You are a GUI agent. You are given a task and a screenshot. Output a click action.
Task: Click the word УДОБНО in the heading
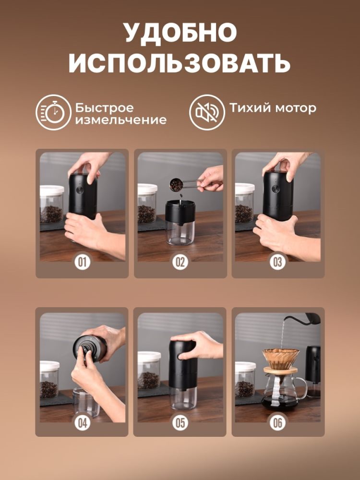(180, 33)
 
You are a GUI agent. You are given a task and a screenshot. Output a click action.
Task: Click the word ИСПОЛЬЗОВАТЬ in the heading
(180, 63)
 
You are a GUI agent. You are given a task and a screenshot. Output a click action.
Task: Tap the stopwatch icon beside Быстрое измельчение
(53, 112)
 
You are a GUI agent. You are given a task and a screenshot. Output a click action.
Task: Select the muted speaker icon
(207, 112)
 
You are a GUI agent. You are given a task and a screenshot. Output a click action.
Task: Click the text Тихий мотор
(273, 108)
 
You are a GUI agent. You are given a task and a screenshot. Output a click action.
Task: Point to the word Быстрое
(104, 108)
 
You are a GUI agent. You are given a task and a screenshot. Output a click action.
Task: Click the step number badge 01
(82, 263)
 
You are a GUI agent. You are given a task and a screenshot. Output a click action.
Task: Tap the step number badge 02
(180, 263)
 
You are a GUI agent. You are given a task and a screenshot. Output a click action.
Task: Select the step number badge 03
(278, 263)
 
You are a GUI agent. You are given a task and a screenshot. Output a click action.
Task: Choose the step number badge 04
(82, 422)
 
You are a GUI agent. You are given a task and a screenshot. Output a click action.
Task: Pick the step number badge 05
(180, 422)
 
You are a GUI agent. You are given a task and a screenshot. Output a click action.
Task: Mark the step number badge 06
(278, 422)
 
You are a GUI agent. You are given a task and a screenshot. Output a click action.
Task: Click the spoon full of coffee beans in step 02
(177, 184)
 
